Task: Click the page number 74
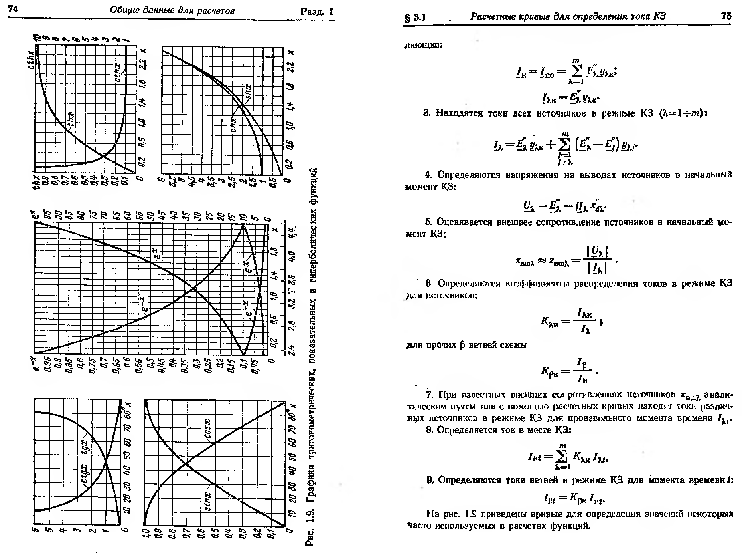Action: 13,10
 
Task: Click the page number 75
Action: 726,16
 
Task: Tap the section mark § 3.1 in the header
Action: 415,17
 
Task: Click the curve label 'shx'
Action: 249,92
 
